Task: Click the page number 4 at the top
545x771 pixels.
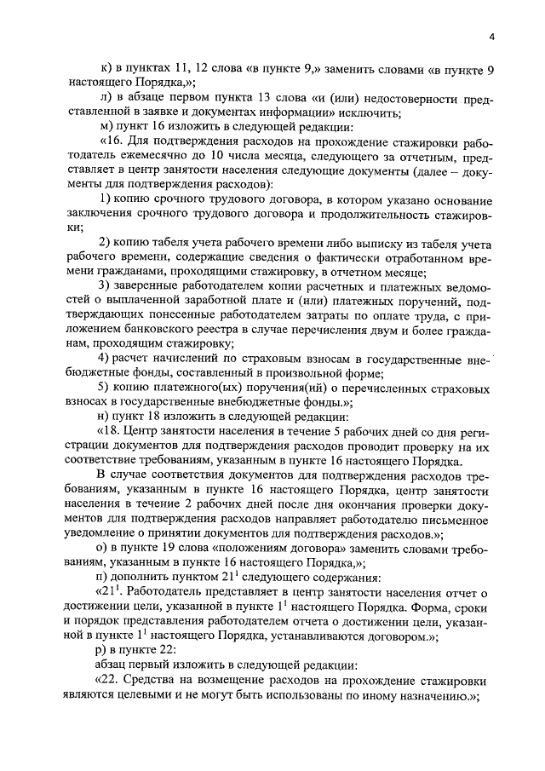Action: [x=492, y=37]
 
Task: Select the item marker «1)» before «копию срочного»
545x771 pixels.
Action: [x=105, y=199]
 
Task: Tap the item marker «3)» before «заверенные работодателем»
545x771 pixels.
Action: [x=105, y=284]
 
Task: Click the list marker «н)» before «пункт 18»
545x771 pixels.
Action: [x=105, y=417]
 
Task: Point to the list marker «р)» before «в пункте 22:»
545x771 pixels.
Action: [x=105, y=647]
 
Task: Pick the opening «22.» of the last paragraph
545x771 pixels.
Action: [x=116, y=679]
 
